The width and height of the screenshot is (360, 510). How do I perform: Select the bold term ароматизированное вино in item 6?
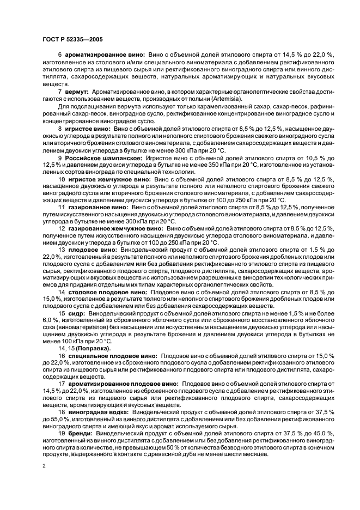coord(105,55)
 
